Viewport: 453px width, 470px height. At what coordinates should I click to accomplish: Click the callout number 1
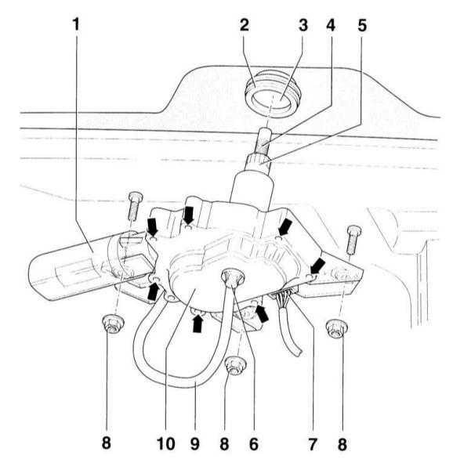click(x=77, y=24)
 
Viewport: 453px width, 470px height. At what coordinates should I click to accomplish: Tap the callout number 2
click(x=245, y=24)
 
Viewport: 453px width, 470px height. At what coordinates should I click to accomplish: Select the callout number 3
click(x=303, y=25)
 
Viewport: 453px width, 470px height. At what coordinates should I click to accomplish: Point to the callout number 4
click(x=331, y=25)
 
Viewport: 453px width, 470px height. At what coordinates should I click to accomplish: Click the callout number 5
click(x=362, y=25)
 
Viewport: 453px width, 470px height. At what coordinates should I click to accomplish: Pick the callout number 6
click(x=254, y=443)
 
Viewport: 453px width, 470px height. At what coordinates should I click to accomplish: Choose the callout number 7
click(x=313, y=443)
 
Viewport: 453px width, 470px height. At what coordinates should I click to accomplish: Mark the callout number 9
click(x=195, y=443)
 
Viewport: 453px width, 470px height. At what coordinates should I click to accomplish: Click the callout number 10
click(x=166, y=443)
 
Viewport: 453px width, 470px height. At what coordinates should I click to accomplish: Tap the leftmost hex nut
click(x=113, y=324)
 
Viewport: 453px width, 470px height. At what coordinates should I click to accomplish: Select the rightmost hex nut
click(x=337, y=329)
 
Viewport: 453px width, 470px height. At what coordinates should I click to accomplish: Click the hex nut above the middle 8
click(x=236, y=365)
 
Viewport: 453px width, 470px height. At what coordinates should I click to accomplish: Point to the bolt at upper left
click(x=135, y=206)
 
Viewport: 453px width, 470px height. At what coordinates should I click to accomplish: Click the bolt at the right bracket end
click(x=353, y=239)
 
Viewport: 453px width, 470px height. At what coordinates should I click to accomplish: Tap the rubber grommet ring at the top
click(x=271, y=95)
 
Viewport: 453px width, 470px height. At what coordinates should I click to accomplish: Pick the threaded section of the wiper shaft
click(x=263, y=145)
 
